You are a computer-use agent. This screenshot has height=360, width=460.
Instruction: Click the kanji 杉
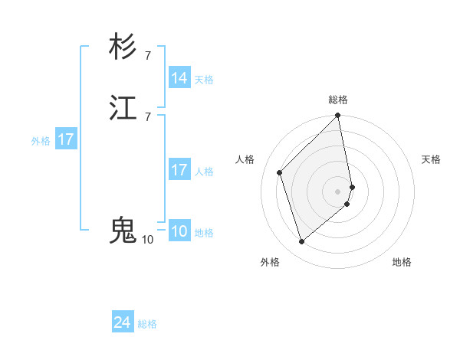click(x=123, y=47)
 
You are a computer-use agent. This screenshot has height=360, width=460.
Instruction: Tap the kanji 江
click(x=123, y=108)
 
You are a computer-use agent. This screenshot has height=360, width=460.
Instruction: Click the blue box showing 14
click(x=179, y=78)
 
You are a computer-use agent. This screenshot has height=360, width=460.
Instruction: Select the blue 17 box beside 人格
click(x=179, y=170)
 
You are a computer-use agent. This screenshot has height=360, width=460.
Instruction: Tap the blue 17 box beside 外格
click(x=66, y=140)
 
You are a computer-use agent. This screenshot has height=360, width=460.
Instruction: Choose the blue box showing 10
click(x=179, y=232)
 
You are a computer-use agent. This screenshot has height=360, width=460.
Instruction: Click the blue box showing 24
click(x=123, y=323)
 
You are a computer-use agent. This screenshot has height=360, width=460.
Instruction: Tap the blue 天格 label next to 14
click(x=204, y=80)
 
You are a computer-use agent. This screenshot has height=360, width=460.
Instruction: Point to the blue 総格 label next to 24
click(x=147, y=325)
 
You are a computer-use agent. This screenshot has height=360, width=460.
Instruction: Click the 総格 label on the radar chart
click(x=338, y=100)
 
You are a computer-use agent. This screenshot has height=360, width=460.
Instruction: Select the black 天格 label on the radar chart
click(x=431, y=159)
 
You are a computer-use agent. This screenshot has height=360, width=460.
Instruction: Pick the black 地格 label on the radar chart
click(x=402, y=262)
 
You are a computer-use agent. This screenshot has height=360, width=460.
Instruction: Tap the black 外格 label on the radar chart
click(x=270, y=262)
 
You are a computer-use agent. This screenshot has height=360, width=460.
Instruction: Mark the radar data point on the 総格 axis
click(x=338, y=116)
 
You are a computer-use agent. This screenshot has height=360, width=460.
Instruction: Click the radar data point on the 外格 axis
click(x=301, y=241)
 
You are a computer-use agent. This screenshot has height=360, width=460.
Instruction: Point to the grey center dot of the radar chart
click(x=338, y=190)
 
